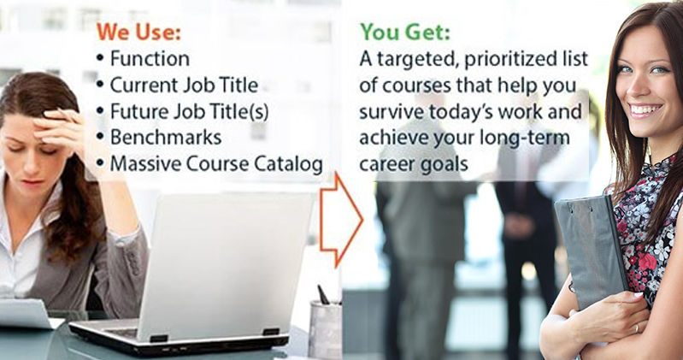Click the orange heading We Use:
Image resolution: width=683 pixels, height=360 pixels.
click(138, 32)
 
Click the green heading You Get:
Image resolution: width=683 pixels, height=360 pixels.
click(405, 32)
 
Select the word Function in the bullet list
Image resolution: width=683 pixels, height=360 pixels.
click(150, 59)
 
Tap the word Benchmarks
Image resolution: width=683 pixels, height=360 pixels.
click(166, 138)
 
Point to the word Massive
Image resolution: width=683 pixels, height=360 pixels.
click(145, 164)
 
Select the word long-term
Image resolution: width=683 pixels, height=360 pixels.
click(525, 139)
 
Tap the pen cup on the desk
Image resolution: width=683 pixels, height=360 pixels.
click(325, 328)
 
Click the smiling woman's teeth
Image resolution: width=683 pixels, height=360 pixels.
click(646, 109)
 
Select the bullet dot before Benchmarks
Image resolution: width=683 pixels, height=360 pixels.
click(101, 138)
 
